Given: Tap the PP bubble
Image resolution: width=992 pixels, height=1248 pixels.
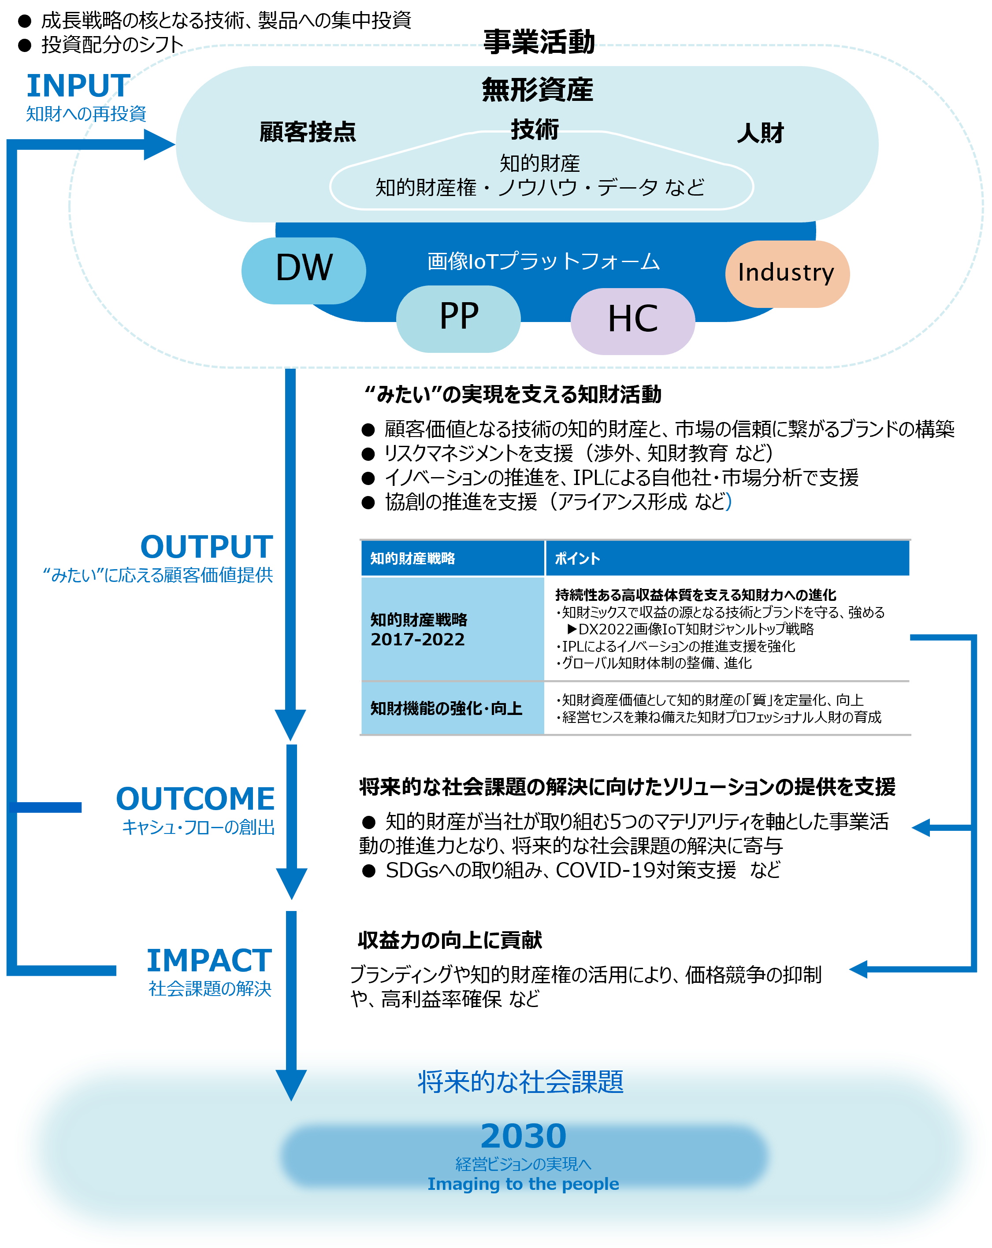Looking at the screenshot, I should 458,318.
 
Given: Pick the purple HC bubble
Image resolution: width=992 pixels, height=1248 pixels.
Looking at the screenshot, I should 632,321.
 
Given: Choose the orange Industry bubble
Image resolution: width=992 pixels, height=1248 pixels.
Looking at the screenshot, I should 787,273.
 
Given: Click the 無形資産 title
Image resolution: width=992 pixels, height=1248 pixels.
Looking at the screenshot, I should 537,90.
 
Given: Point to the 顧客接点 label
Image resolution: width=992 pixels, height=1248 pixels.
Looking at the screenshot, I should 308,132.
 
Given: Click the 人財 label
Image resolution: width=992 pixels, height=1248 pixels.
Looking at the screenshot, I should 760,133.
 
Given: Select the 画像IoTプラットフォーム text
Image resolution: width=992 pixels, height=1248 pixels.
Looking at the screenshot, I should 543,261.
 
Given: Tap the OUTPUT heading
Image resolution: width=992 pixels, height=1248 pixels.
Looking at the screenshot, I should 207,546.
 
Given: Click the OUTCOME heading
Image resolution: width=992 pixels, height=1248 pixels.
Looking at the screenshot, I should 195,799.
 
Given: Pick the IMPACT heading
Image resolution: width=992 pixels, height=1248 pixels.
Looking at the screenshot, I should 209,961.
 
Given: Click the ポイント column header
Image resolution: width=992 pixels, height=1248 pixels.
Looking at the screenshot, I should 577,558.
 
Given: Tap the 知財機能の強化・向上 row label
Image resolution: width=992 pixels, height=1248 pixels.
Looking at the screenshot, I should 446,708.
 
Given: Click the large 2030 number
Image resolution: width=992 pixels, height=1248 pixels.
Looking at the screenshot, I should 523,1136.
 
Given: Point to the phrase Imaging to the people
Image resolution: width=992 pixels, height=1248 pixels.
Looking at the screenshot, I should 523,1184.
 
